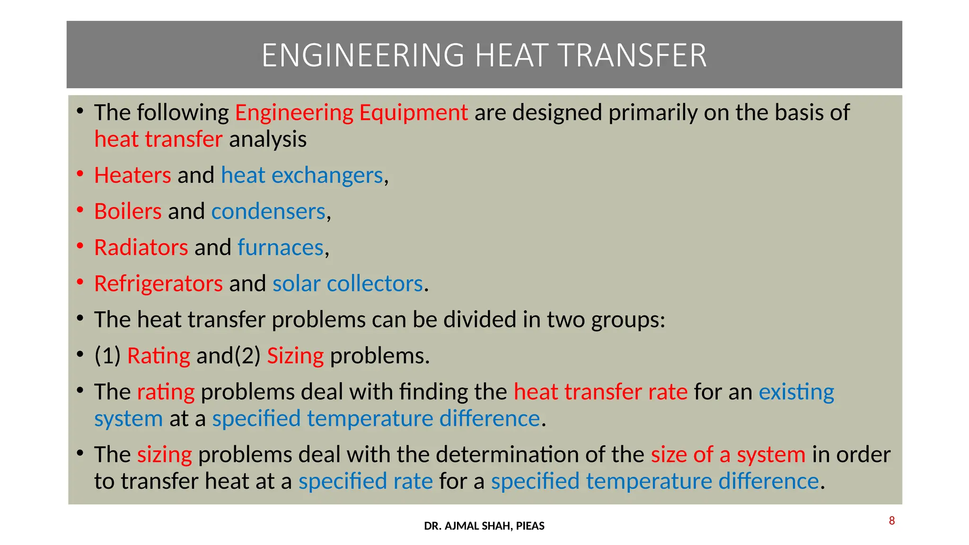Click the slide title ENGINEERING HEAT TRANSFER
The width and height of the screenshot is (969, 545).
click(x=484, y=55)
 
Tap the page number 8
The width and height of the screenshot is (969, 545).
click(x=891, y=521)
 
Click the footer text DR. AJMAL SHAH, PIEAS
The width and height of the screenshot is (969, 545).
click(x=484, y=526)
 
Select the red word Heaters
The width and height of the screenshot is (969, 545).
click(x=132, y=176)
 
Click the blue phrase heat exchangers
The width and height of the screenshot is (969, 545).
click(x=301, y=176)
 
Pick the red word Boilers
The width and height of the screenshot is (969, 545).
click(x=128, y=211)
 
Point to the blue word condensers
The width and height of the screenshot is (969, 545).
click(x=268, y=211)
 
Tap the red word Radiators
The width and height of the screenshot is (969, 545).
click(x=141, y=247)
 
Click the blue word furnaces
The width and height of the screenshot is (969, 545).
click(x=280, y=247)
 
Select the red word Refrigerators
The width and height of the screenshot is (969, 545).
click(x=158, y=284)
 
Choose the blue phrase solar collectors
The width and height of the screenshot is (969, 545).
click(x=347, y=284)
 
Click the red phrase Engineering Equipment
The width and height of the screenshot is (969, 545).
click(x=351, y=113)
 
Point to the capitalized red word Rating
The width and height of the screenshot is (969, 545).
click(x=159, y=356)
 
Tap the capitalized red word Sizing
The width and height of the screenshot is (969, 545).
click(x=295, y=356)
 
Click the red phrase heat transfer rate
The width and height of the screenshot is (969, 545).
click(x=600, y=392)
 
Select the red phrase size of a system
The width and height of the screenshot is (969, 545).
click(x=728, y=455)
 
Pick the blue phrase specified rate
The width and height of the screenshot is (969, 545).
click(x=365, y=482)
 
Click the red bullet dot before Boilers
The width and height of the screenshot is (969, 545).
click(x=80, y=209)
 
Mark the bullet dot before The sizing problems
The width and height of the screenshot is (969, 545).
click(x=80, y=453)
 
